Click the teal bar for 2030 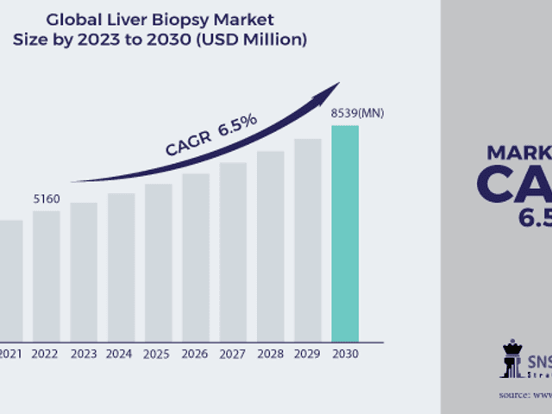pos(345,233)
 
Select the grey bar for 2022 pos(47,275)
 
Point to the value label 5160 pos(47,199)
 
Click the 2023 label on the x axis pos(84,353)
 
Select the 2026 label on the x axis pos(196,353)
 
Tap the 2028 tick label pos(270,353)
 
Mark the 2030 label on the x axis pos(345,353)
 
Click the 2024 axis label pos(121,353)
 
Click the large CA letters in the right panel pos(513,185)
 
